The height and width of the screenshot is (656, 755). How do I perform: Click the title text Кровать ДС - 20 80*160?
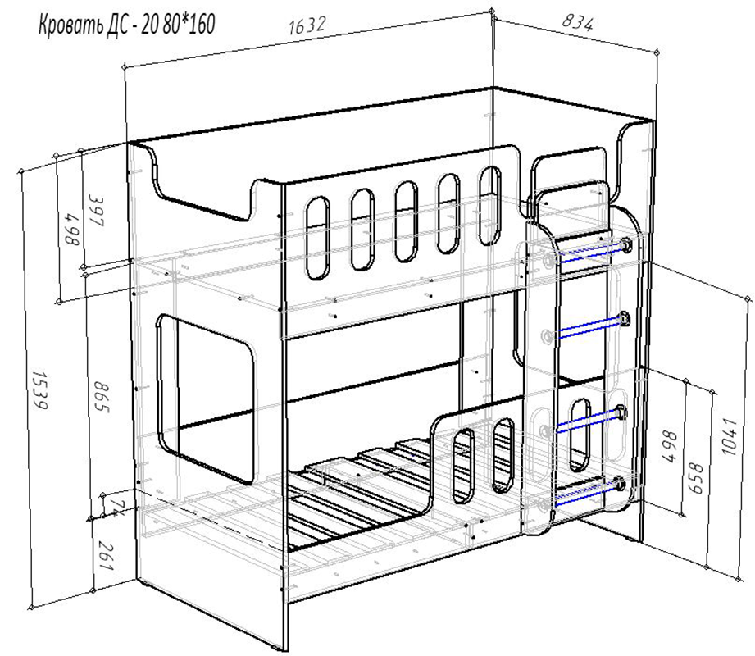(126, 25)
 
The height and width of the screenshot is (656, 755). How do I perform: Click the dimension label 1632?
(307, 25)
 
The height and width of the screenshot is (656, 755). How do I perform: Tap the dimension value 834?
(577, 22)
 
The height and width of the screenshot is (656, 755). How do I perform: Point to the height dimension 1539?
(39, 389)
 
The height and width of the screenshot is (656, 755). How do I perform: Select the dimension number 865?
(101, 397)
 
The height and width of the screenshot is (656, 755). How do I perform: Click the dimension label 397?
(96, 210)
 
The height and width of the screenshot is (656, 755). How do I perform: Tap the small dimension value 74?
(115, 507)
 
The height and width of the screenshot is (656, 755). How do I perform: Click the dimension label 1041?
(730, 437)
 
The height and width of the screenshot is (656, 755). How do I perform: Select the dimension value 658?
(696, 478)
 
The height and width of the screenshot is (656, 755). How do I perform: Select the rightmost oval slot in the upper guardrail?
(489, 206)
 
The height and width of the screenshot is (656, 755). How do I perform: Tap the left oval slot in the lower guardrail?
(463, 466)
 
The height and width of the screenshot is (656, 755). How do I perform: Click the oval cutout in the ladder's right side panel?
(580, 435)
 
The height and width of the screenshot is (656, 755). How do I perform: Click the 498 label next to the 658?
(669, 446)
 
